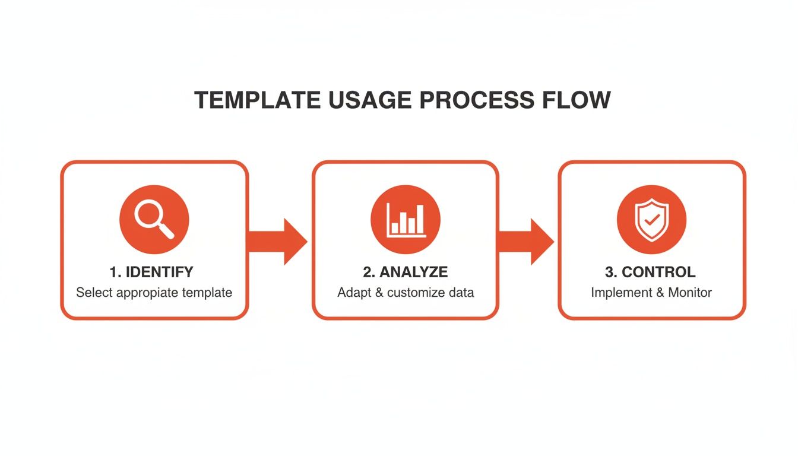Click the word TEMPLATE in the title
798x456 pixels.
coord(257,100)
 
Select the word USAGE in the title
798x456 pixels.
coord(370,100)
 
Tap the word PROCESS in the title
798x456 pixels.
coord(477,100)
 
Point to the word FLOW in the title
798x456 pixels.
coord(577,100)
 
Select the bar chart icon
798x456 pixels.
coord(406,220)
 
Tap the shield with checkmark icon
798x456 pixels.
coord(651,220)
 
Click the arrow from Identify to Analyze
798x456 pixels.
coord(277,242)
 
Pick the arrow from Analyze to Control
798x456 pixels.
coord(525,242)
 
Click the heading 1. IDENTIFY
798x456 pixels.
coord(151,272)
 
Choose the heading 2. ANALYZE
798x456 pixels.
coord(406,272)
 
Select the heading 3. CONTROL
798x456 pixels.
coord(650,272)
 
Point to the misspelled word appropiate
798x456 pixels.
coord(147,293)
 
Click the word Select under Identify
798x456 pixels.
coord(94,293)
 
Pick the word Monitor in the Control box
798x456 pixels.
coord(690,293)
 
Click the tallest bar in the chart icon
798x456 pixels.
coord(420,218)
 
